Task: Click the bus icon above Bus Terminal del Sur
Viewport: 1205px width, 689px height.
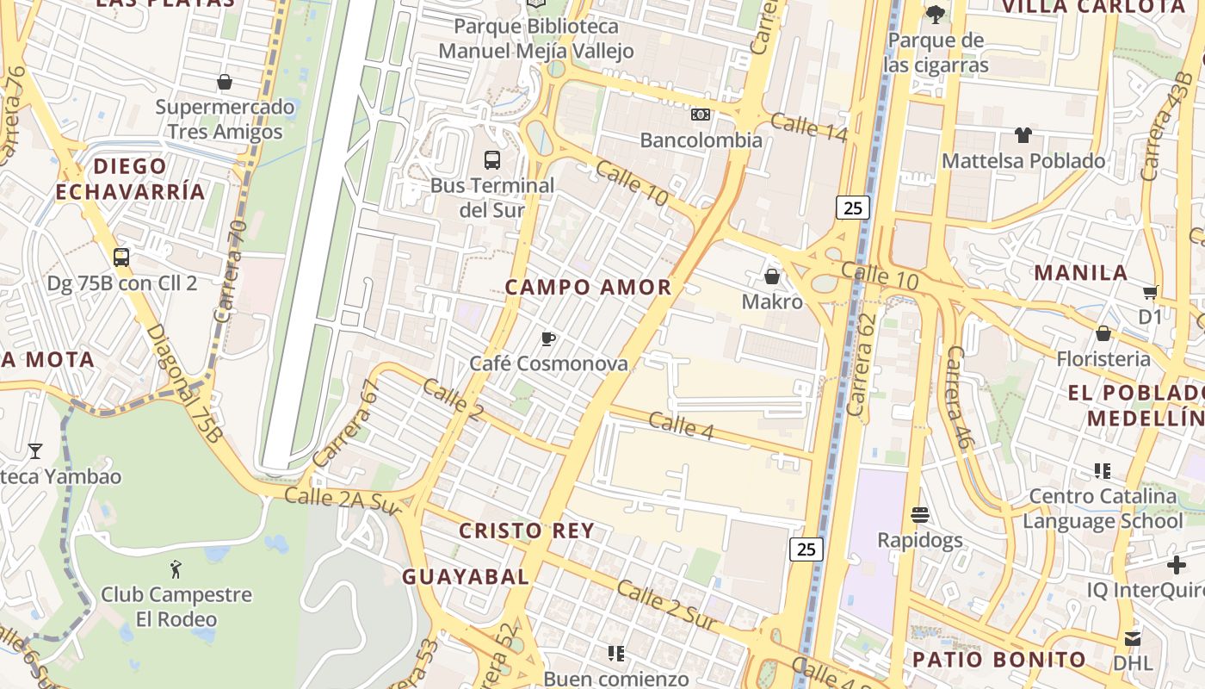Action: point(492,160)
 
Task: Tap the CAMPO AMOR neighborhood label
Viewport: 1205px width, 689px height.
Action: point(588,288)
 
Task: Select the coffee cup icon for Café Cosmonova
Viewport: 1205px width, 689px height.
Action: point(548,338)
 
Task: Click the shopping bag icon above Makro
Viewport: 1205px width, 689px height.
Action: point(772,276)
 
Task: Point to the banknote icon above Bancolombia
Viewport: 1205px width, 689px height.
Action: point(701,115)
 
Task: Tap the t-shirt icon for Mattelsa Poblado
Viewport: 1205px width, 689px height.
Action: point(1023,135)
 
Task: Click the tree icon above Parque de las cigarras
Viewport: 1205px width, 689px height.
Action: point(935,15)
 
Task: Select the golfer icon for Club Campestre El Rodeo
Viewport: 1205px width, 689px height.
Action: point(176,569)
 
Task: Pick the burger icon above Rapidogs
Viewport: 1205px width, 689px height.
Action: point(920,515)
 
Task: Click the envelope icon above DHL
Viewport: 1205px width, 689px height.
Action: point(1133,638)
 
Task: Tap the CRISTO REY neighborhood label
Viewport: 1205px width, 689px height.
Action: point(527,531)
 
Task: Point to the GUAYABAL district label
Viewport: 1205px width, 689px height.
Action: point(466,577)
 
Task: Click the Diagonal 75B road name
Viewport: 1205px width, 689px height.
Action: point(183,384)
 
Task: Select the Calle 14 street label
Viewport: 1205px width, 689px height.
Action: point(808,127)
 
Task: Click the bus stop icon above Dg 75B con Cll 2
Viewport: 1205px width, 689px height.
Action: point(121,258)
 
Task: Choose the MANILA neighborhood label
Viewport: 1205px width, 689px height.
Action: point(1080,273)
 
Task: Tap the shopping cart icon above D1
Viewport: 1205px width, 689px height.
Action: point(1150,292)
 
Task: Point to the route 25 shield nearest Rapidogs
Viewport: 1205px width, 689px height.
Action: point(806,549)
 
